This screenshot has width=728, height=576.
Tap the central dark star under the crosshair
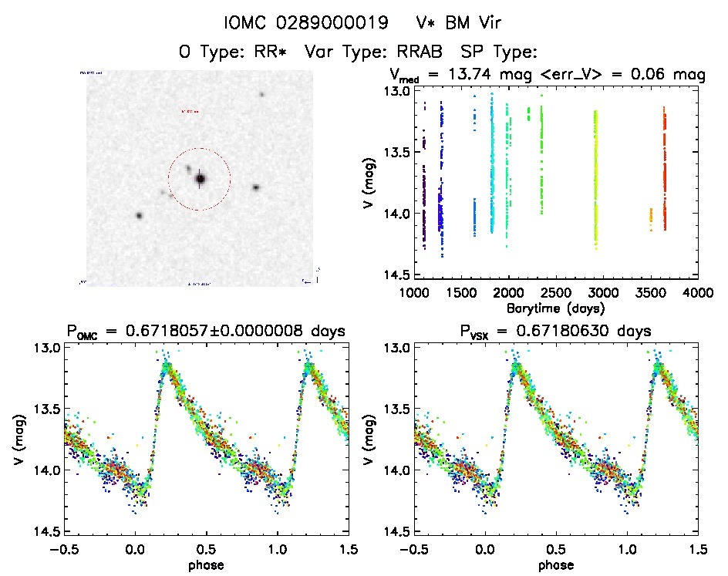[x=201, y=179]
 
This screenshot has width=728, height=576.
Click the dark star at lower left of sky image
[x=139, y=216]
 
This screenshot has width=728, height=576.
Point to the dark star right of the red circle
[x=255, y=187]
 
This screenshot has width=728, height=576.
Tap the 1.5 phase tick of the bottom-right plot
[x=698, y=549]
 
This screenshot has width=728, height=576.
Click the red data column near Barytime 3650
[x=664, y=170]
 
